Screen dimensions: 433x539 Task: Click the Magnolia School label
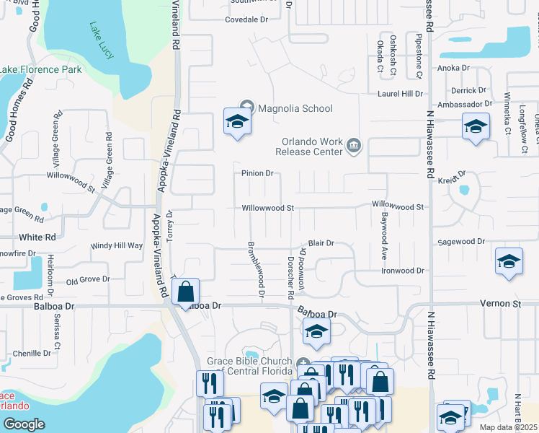(295, 108)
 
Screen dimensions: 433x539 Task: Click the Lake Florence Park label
(41, 69)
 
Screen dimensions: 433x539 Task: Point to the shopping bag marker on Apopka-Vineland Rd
(186, 292)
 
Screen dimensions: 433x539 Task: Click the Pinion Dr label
(257, 173)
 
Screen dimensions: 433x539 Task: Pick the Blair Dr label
(321, 243)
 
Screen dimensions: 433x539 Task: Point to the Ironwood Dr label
(403, 270)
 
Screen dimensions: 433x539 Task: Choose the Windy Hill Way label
(117, 246)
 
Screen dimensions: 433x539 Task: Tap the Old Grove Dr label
(88, 279)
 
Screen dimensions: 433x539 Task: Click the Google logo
(24, 424)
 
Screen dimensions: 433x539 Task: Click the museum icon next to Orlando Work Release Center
(353, 146)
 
